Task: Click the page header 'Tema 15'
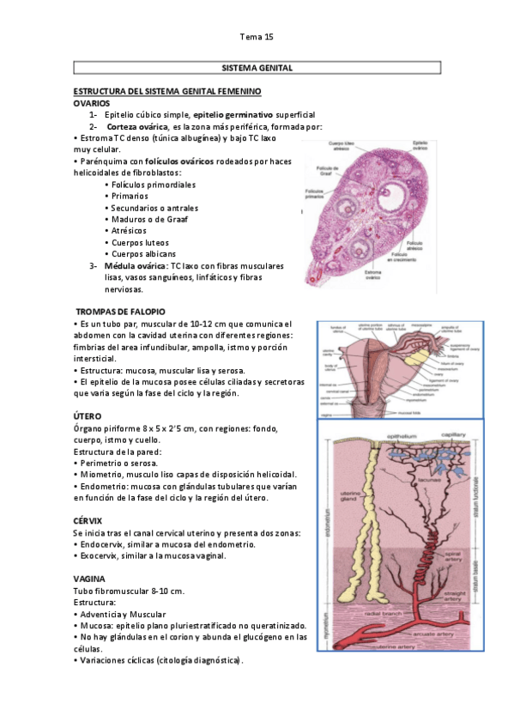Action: click(x=257, y=37)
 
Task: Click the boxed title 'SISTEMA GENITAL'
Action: click(x=257, y=67)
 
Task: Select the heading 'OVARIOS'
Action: click(x=92, y=102)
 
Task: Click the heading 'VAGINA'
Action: click(x=90, y=579)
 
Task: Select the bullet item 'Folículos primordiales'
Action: click(x=153, y=185)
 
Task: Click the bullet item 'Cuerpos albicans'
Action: click(x=143, y=254)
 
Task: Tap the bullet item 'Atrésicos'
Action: click(x=129, y=231)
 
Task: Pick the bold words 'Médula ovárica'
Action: click(x=136, y=266)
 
